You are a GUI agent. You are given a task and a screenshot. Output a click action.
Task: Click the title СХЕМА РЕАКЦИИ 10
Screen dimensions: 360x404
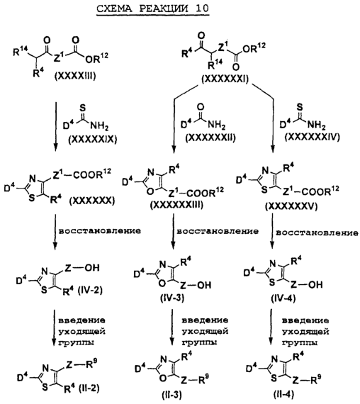(x=152, y=9)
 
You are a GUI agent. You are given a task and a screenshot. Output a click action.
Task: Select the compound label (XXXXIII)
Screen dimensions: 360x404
(x=75, y=76)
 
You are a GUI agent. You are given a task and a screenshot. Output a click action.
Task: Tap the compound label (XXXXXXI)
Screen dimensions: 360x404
(x=225, y=79)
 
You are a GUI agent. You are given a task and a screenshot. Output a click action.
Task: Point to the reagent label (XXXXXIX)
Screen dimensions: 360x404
(x=93, y=139)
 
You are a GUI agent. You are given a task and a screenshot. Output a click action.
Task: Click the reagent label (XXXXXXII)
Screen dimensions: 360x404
(x=210, y=138)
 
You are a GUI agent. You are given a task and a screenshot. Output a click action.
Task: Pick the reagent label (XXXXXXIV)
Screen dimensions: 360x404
(x=312, y=137)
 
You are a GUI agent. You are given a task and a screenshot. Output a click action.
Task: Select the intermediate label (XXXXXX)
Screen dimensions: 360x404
(x=91, y=200)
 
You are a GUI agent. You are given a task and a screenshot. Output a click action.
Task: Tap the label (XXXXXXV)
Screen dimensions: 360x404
(x=291, y=206)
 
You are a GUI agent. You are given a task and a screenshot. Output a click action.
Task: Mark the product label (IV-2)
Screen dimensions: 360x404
(x=90, y=290)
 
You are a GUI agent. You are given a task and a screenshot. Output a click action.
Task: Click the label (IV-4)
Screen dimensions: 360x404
(x=283, y=298)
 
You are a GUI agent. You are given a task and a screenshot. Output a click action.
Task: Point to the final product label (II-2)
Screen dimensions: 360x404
(x=89, y=388)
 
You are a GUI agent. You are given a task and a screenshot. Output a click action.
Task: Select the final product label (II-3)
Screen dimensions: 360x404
(x=172, y=395)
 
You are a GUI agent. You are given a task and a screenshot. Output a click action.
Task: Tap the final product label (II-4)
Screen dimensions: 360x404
(x=283, y=394)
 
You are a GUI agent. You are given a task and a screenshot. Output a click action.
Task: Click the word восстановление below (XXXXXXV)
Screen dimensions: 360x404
(x=317, y=232)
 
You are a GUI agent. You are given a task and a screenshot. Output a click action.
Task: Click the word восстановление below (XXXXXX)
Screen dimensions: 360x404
(x=100, y=230)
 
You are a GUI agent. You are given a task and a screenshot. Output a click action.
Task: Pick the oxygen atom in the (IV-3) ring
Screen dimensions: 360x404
(x=162, y=284)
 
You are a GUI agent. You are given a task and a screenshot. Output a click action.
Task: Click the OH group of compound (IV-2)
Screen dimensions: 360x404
(x=91, y=267)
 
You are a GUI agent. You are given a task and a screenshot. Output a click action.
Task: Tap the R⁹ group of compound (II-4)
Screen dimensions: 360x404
(x=317, y=378)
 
